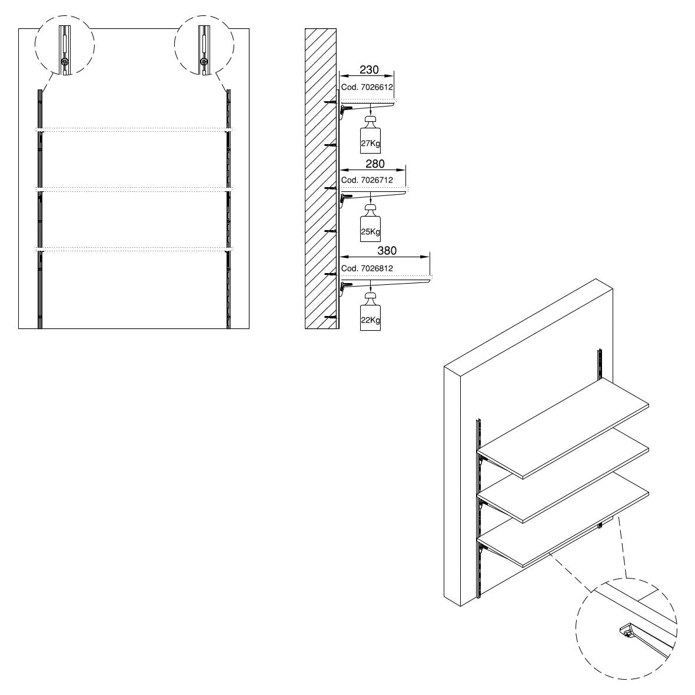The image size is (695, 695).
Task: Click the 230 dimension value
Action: point(369,69)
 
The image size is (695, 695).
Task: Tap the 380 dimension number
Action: point(387,251)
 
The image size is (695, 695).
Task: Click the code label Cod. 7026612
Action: point(367,87)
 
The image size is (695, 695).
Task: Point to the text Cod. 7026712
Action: point(367,179)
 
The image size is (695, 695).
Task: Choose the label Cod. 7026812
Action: point(367,268)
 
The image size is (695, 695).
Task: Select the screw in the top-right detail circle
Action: point(204,61)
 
